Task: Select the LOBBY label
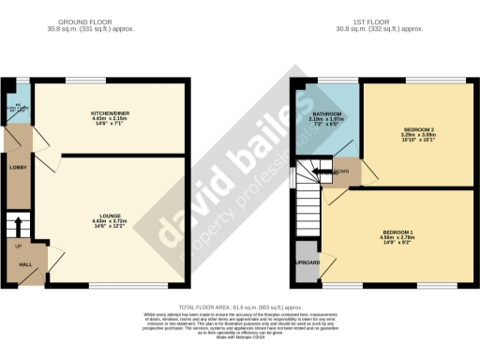tap(17, 167)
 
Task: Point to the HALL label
tap(15, 265)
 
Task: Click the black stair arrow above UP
tap(14, 226)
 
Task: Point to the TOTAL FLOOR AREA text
tap(239, 306)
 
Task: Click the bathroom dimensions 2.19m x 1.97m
tap(328, 119)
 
